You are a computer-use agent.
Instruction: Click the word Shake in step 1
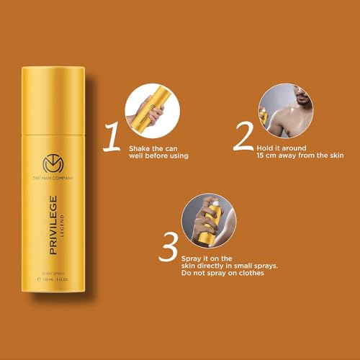140,148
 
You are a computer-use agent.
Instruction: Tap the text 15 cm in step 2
264,156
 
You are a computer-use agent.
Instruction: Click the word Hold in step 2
264,147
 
